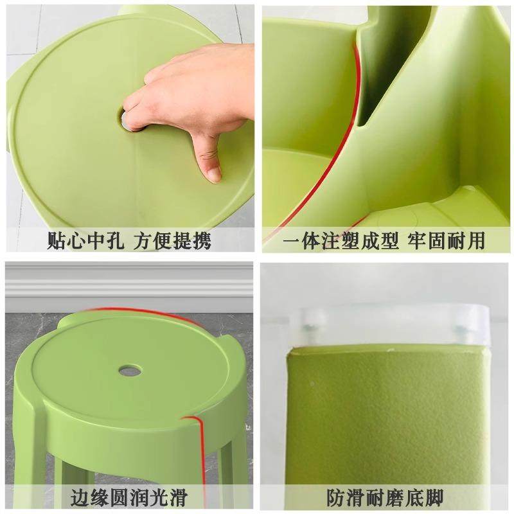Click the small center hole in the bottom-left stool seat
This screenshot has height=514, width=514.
tap(129, 370)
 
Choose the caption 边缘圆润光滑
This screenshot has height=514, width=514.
tap(129, 497)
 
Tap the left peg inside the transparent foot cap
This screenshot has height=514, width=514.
tap(312, 328)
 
